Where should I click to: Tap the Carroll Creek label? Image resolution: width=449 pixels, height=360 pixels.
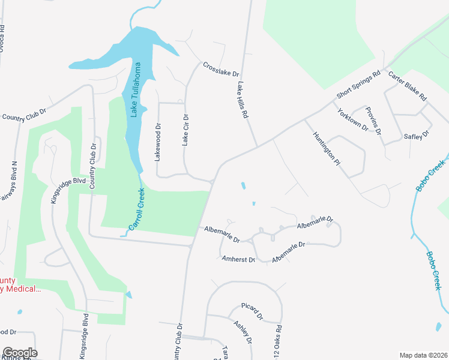tap(137, 210)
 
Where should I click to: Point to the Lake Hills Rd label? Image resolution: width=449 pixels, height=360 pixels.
tap(243, 100)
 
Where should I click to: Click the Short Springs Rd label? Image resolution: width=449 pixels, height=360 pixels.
tap(359, 86)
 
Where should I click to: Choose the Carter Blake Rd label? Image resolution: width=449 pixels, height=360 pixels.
tap(407, 86)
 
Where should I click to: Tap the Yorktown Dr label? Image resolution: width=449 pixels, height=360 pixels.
tap(352, 119)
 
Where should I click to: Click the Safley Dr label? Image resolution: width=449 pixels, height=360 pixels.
tap(417, 136)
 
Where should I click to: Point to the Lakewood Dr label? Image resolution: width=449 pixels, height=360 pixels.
tap(158, 143)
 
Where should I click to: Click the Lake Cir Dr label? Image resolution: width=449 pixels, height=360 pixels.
tap(185, 131)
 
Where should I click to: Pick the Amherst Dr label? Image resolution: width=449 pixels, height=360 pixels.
tap(239, 260)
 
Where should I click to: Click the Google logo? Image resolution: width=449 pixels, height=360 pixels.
tap(20, 353)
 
